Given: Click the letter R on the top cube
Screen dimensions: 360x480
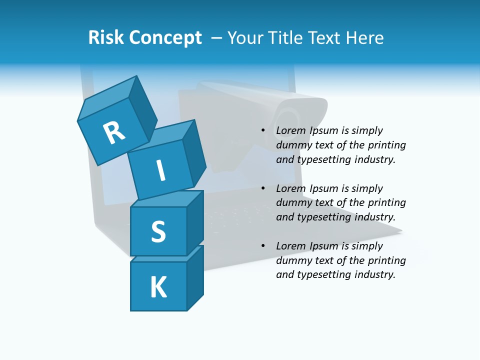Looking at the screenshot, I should click(114, 132).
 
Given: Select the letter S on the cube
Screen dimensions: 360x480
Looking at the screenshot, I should click(158, 231).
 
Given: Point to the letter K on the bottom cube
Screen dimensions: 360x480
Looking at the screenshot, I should click(158, 287).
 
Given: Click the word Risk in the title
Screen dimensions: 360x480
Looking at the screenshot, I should click(105, 37).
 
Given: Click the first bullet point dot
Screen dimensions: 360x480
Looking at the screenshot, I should click(263, 130).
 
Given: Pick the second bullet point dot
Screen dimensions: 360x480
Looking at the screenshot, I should click(263, 188).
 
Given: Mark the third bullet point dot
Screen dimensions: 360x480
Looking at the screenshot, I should click(263, 246).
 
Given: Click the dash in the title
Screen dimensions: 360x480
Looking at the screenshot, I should click(216, 37).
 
